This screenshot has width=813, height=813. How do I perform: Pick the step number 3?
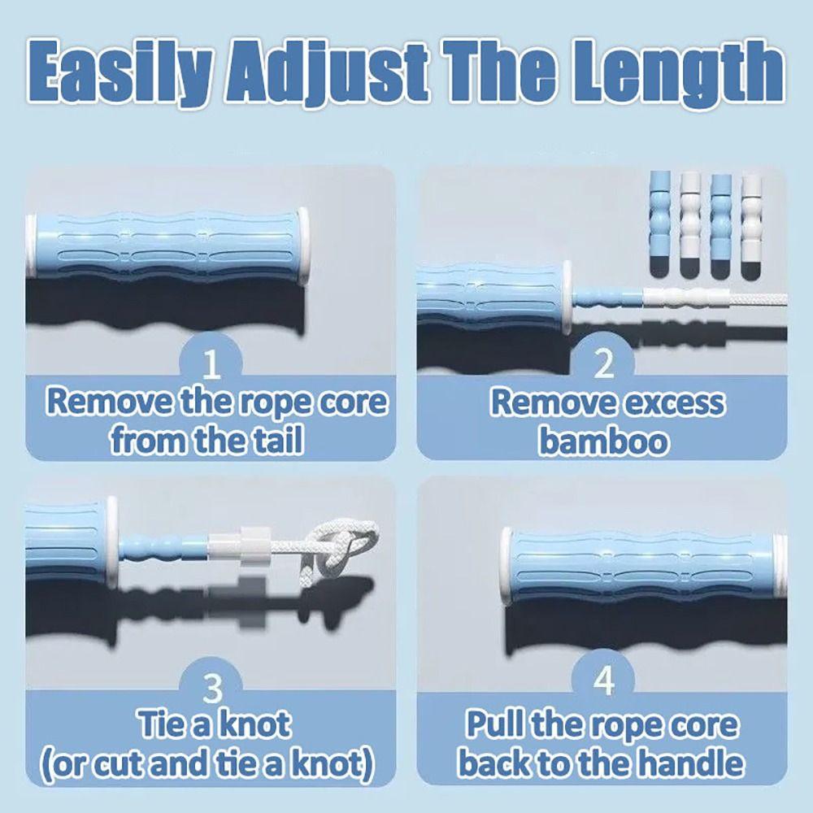(x=211, y=689)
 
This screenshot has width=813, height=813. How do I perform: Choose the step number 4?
(x=603, y=684)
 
